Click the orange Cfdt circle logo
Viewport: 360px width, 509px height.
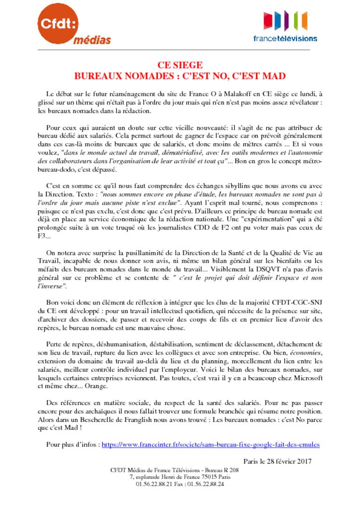tap(59, 23)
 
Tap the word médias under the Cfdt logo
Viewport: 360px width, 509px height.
tap(92, 40)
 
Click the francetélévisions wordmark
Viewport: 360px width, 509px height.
tap(285, 38)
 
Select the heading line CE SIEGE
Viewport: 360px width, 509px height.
tap(180, 65)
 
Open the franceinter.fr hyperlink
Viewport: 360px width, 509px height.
tap(210, 444)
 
